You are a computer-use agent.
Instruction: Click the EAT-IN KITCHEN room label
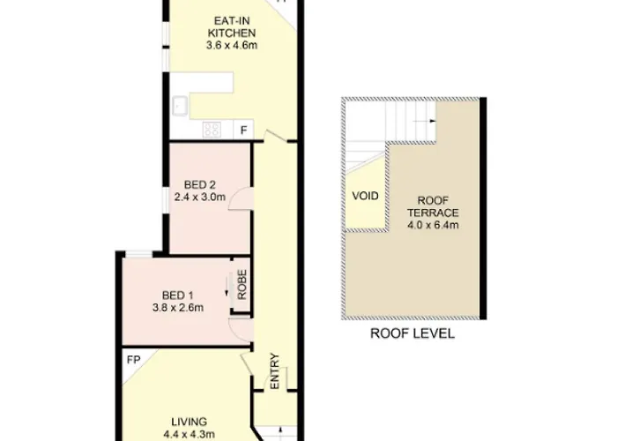coord(232,26)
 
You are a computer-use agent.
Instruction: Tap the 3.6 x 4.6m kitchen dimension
coord(232,45)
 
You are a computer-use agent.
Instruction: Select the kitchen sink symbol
coord(180,107)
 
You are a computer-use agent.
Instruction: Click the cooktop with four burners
coord(212,130)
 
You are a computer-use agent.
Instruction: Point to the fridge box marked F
coord(244,130)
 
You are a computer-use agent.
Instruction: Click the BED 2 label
coord(200,184)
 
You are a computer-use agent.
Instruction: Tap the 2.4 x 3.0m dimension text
coord(200,197)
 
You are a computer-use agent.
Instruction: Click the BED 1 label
coord(178,295)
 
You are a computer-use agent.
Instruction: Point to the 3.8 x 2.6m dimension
coord(178,308)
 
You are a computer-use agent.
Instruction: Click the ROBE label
coord(242,284)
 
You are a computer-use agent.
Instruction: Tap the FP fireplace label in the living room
coord(134,360)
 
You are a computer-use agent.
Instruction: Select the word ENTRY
coord(275,371)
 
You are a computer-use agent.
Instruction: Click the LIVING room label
coord(190,422)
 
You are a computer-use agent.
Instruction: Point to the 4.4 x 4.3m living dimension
coord(190,434)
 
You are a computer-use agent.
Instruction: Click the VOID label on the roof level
coord(365,196)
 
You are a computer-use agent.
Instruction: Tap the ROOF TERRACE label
coord(433,206)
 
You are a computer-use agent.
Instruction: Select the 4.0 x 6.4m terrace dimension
coord(433,225)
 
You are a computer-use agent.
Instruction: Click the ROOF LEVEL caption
coord(413,333)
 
